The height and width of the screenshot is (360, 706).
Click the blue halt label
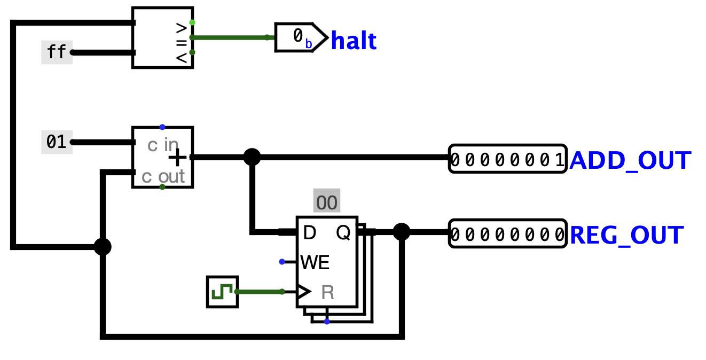pyautogui.click(x=354, y=41)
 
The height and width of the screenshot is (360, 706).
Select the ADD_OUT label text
pyautogui.click(x=630, y=160)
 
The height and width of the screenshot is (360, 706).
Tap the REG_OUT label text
pyautogui.click(x=627, y=235)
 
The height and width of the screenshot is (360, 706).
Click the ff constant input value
pyautogui.click(x=57, y=52)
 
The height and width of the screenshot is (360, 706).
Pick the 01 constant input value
pyautogui.click(x=57, y=142)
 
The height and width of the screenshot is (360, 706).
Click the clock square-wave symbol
pyautogui.click(x=222, y=292)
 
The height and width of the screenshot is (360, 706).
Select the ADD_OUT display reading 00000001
pyautogui.click(x=507, y=159)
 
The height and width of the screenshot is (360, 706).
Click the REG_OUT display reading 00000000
pyautogui.click(x=507, y=234)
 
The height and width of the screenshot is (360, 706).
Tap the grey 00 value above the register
pyautogui.click(x=326, y=202)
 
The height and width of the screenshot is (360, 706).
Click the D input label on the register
pyautogui.click(x=309, y=233)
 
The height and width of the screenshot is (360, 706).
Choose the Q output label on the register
pyautogui.click(x=343, y=233)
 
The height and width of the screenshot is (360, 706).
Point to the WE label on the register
pyautogui.click(x=315, y=262)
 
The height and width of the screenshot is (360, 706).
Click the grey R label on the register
pyautogui.click(x=327, y=292)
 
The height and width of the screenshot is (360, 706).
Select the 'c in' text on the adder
pyautogui.click(x=163, y=144)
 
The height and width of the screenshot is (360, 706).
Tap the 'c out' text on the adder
pyautogui.click(x=163, y=176)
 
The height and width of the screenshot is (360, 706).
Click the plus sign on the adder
pyautogui.click(x=178, y=158)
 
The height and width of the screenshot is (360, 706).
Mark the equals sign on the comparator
pyautogui.click(x=182, y=41)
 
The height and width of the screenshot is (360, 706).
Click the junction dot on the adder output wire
pyautogui.click(x=252, y=157)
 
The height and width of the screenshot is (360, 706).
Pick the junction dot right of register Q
pyautogui.click(x=401, y=232)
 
